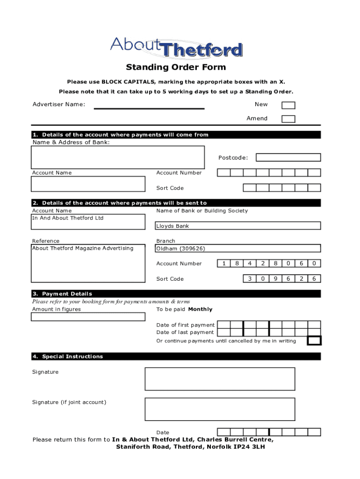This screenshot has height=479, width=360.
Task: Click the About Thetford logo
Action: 176,47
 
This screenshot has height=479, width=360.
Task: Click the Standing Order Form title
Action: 176,67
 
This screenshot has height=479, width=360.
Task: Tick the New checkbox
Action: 288,105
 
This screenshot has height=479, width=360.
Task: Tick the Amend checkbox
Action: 288,119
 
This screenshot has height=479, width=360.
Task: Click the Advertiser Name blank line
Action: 149,108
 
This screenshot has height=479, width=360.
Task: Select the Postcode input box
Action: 288,158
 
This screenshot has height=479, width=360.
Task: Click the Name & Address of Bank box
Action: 118,157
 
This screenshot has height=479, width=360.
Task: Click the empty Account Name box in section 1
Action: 88,184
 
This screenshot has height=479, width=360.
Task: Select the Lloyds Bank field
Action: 238,226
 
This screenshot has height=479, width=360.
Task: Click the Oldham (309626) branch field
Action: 238,248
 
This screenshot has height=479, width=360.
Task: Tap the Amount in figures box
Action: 88,317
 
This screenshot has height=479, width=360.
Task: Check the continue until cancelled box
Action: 314,341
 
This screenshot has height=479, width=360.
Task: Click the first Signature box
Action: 220,379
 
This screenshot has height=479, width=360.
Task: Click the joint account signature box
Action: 220,409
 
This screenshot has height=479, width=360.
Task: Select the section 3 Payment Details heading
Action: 62,294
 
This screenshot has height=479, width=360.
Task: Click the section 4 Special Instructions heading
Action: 67,356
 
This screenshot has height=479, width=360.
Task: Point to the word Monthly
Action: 200,309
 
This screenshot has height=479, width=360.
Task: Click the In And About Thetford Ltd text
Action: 68,218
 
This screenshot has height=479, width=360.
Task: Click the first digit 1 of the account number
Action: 224,263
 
